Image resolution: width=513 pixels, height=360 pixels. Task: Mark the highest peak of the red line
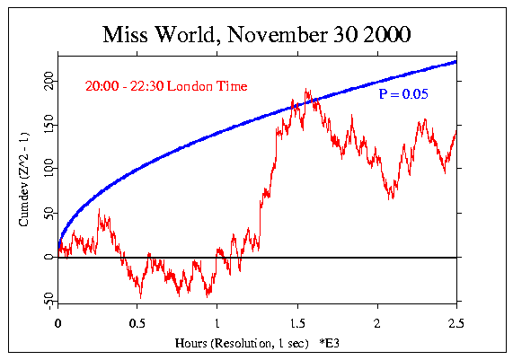[307, 90]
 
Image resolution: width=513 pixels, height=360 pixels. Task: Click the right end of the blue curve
[456, 61]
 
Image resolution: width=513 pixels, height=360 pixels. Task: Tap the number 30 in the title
[346, 36]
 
